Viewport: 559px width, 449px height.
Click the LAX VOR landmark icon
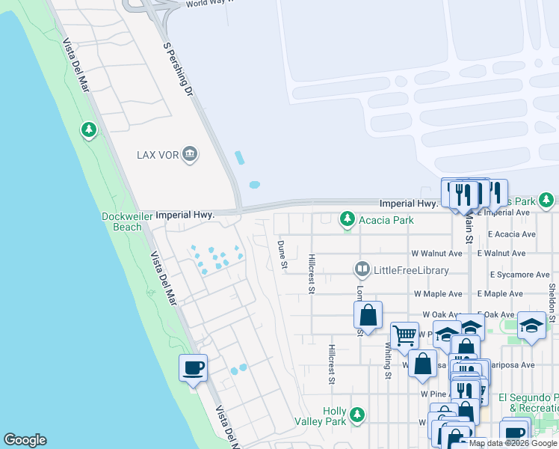(190, 154)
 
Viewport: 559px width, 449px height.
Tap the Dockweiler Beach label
(121, 222)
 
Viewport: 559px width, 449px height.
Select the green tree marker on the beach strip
(89, 131)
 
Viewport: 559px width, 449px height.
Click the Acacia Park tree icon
(347, 219)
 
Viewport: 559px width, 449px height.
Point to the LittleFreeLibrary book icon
(362, 269)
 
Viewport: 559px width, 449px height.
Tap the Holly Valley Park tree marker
(357, 414)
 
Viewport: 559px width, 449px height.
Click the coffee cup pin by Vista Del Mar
(193, 367)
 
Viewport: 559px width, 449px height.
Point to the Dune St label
(282, 254)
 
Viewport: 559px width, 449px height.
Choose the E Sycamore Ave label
(521, 275)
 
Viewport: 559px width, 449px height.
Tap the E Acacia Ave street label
(512, 233)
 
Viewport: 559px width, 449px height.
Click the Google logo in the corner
(25, 440)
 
